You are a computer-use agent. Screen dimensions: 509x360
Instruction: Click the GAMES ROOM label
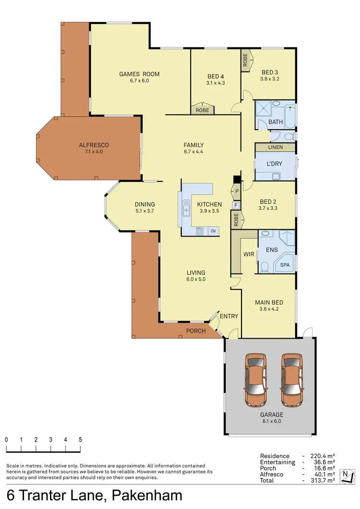tap(139, 74)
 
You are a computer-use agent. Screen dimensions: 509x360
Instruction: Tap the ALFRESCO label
tap(94, 145)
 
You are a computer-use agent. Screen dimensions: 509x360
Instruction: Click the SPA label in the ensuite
tap(285, 264)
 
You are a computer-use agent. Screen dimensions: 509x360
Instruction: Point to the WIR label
tap(249, 253)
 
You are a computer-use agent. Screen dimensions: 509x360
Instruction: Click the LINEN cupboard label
tap(276, 147)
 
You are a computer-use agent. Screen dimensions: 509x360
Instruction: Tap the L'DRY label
tap(274, 164)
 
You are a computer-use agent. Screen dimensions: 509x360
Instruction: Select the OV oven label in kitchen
tap(213, 231)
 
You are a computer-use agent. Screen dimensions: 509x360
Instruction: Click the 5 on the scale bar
tap(80, 439)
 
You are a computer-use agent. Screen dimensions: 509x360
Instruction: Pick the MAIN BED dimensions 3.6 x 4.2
tap(268, 309)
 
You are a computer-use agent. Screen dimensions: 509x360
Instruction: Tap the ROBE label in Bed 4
tap(202, 110)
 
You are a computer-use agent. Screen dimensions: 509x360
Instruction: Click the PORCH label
tap(196, 331)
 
